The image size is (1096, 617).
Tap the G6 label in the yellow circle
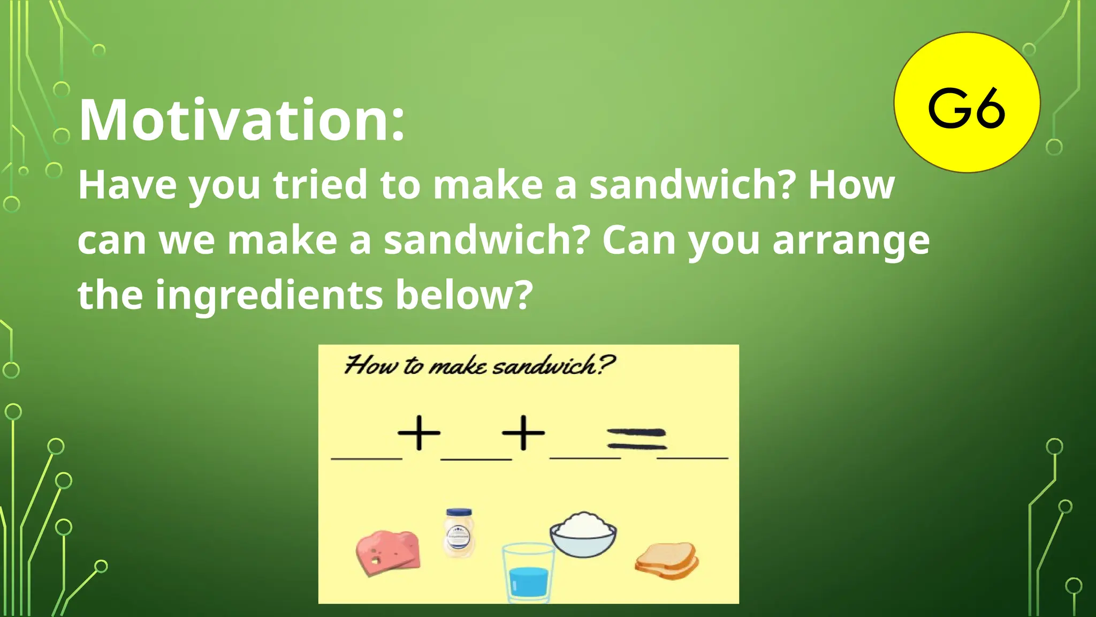click(x=966, y=109)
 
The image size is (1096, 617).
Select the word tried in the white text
click(x=319, y=185)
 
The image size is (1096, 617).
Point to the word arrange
click(x=851, y=240)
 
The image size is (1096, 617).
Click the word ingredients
click(x=269, y=295)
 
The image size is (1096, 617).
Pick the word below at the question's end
click(x=463, y=295)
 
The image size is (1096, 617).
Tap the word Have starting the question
click(x=127, y=185)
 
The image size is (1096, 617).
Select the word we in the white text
click(x=187, y=240)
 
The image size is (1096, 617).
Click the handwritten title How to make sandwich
click(x=479, y=366)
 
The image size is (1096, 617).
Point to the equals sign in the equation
click(x=637, y=439)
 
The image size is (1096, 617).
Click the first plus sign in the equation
click(x=419, y=432)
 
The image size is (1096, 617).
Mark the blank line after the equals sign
click(x=692, y=457)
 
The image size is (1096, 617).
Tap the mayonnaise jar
click(x=459, y=533)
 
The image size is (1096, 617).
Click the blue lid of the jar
click(x=459, y=512)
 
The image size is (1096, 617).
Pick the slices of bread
click(x=667, y=560)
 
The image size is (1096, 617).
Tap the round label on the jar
click(x=459, y=534)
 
